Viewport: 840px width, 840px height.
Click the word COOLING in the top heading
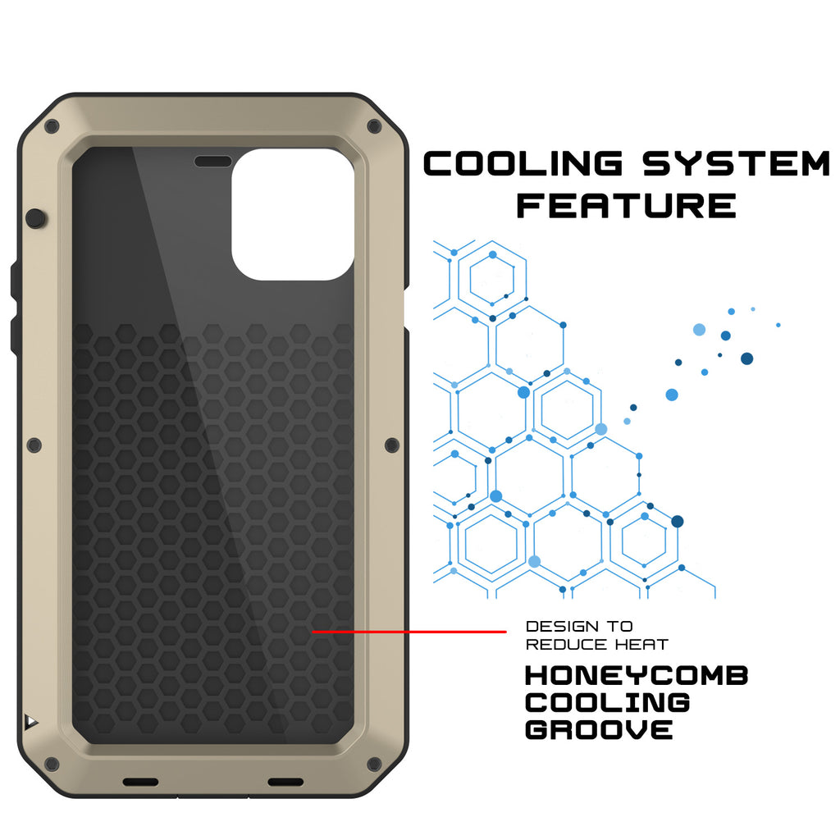pyautogui.click(x=523, y=163)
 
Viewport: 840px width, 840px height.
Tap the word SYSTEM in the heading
pyautogui.click(x=737, y=163)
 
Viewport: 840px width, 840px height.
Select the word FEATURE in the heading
pyautogui.click(x=626, y=206)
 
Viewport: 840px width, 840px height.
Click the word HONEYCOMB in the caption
pyautogui.click(x=637, y=676)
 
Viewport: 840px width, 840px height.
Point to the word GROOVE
pyautogui.click(x=599, y=729)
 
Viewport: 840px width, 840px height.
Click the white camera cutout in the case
pyautogui.click(x=293, y=214)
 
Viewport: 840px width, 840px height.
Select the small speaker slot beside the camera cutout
pyautogui.click(x=212, y=162)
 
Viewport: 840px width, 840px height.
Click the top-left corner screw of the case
pyautogui.click(x=52, y=127)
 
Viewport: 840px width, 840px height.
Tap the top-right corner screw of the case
pyautogui.click(x=374, y=127)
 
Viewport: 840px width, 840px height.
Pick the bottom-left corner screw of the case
pyautogui.click(x=52, y=764)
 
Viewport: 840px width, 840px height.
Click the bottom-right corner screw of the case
pyautogui.click(x=374, y=764)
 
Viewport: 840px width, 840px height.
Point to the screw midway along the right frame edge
pyautogui.click(x=392, y=445)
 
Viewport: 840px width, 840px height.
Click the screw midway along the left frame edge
pyautogui.click(x=34, y=445)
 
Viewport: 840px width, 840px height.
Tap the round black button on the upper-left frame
pyautogui.click(x=36, y=218)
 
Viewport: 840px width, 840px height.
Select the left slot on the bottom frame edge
pyautogui.click(x=140, y=782)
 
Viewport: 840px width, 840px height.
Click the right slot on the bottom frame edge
pyautogui.click(x=285, y=782)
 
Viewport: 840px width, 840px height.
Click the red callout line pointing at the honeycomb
pyautogui.click(x=409, y=632)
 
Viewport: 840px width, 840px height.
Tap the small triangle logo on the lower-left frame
pyautogui.click(x=31, y=722)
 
